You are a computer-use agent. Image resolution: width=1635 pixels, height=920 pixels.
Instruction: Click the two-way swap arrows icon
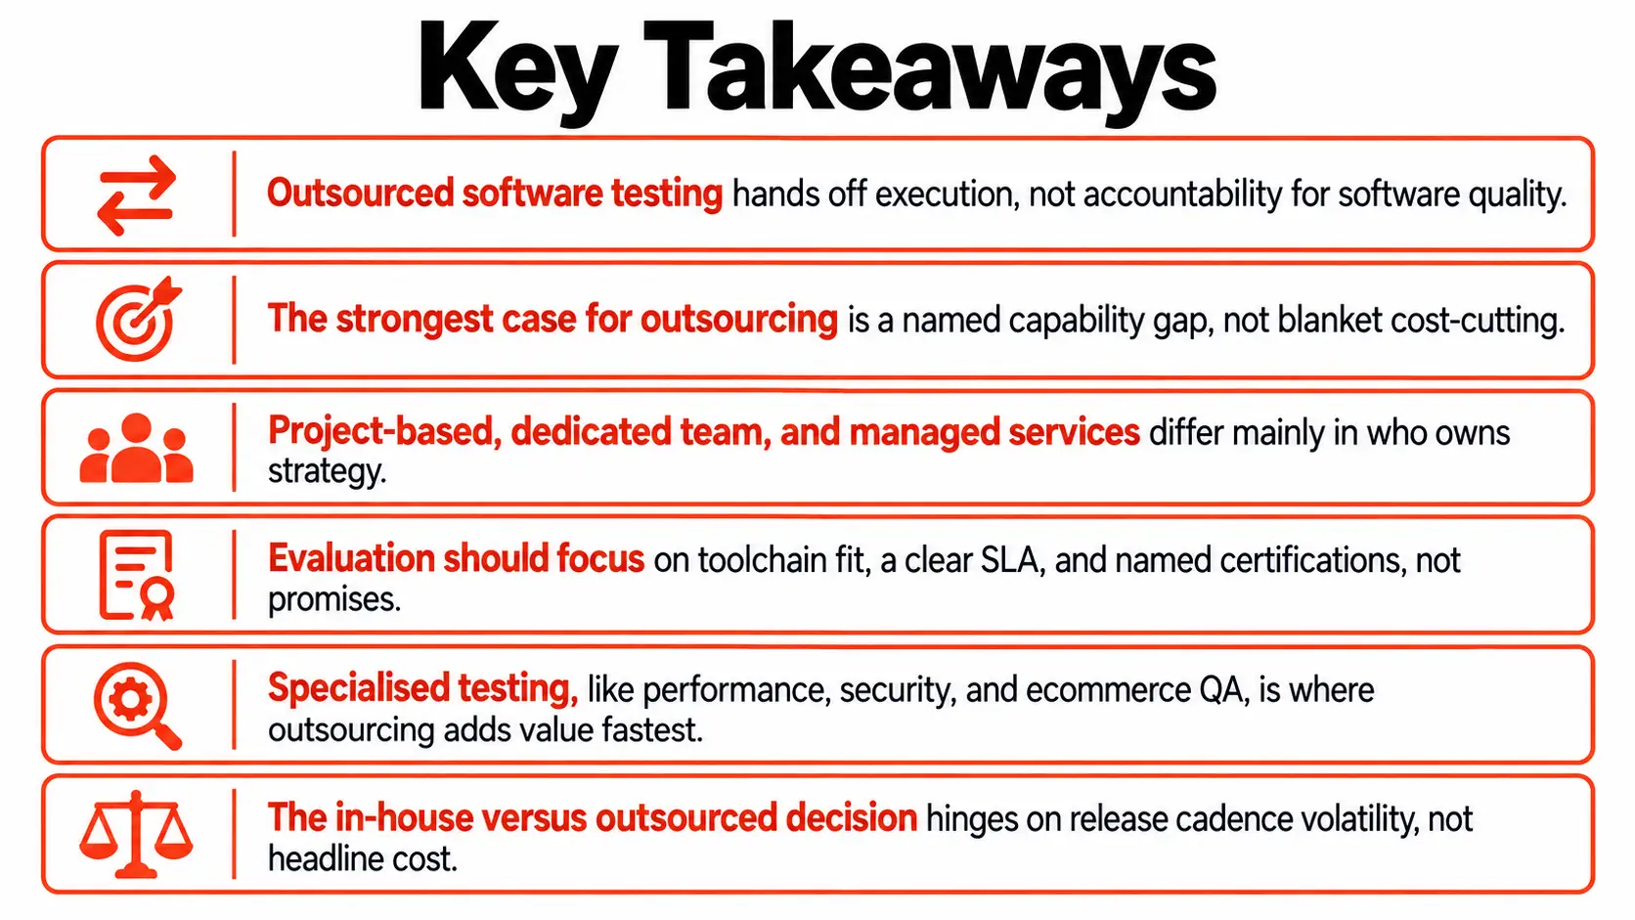[x=137, y=195]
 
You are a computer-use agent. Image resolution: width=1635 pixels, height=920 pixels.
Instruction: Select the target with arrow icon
[x=138, y=319]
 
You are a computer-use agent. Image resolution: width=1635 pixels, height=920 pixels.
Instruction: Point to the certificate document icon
[x=137, y=575]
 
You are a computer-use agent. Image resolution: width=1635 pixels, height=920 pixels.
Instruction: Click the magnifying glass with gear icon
[x=137, y=705]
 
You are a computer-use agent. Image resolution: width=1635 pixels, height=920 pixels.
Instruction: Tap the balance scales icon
[x=136, y=834]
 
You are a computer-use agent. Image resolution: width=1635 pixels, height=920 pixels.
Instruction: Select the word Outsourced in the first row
[x=361, y=194]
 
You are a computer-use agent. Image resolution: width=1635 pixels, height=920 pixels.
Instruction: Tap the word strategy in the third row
[x=327, y=471]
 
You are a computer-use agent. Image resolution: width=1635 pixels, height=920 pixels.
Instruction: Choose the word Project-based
[x=384, y=432]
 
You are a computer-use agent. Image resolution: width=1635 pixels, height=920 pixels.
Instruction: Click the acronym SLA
[x=1009, y=560]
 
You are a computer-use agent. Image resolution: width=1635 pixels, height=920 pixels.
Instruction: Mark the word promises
[x=334, y=600]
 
